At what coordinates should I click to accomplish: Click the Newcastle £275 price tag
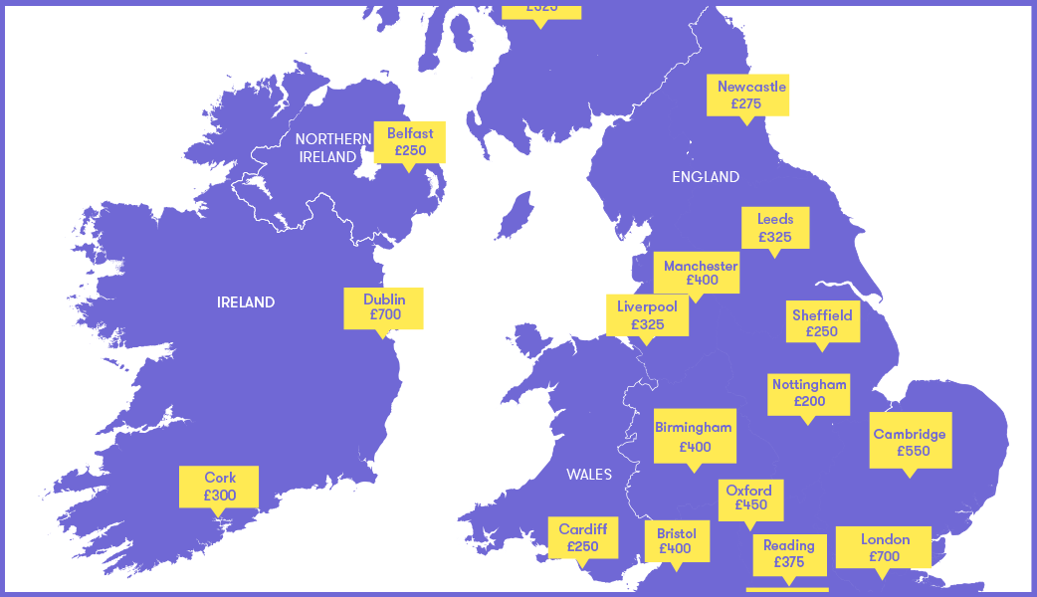coord(747,95)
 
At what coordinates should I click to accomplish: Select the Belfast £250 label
coord(409,142)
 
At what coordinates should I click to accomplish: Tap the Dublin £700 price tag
coord(383,307)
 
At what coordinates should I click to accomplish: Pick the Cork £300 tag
coord(219,487)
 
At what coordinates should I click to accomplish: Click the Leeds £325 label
coord(774,228)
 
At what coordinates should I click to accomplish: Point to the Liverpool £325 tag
coord(647,315)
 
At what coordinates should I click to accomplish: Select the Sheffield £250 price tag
coord(822,323)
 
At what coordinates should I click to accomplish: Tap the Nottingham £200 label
coord(809,393)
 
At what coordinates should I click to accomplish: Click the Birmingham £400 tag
coord(695,437)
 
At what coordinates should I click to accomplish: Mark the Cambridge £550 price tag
coord(910,442)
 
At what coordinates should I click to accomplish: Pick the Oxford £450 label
coord(749,497)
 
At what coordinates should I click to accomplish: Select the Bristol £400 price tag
coord(676,541)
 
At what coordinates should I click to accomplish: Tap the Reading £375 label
coord(788,553)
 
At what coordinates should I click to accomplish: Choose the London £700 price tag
coord(884,547)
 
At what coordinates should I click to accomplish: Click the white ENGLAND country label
coord(706,177)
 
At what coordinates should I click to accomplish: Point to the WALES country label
coord(589,475)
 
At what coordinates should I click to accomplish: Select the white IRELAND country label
coord(246,302)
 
